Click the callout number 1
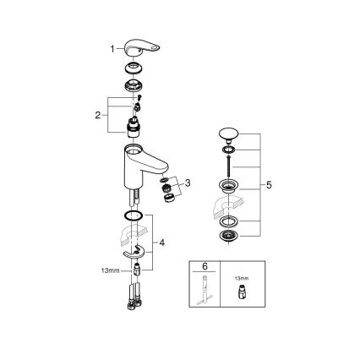[x=112, y=49]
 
